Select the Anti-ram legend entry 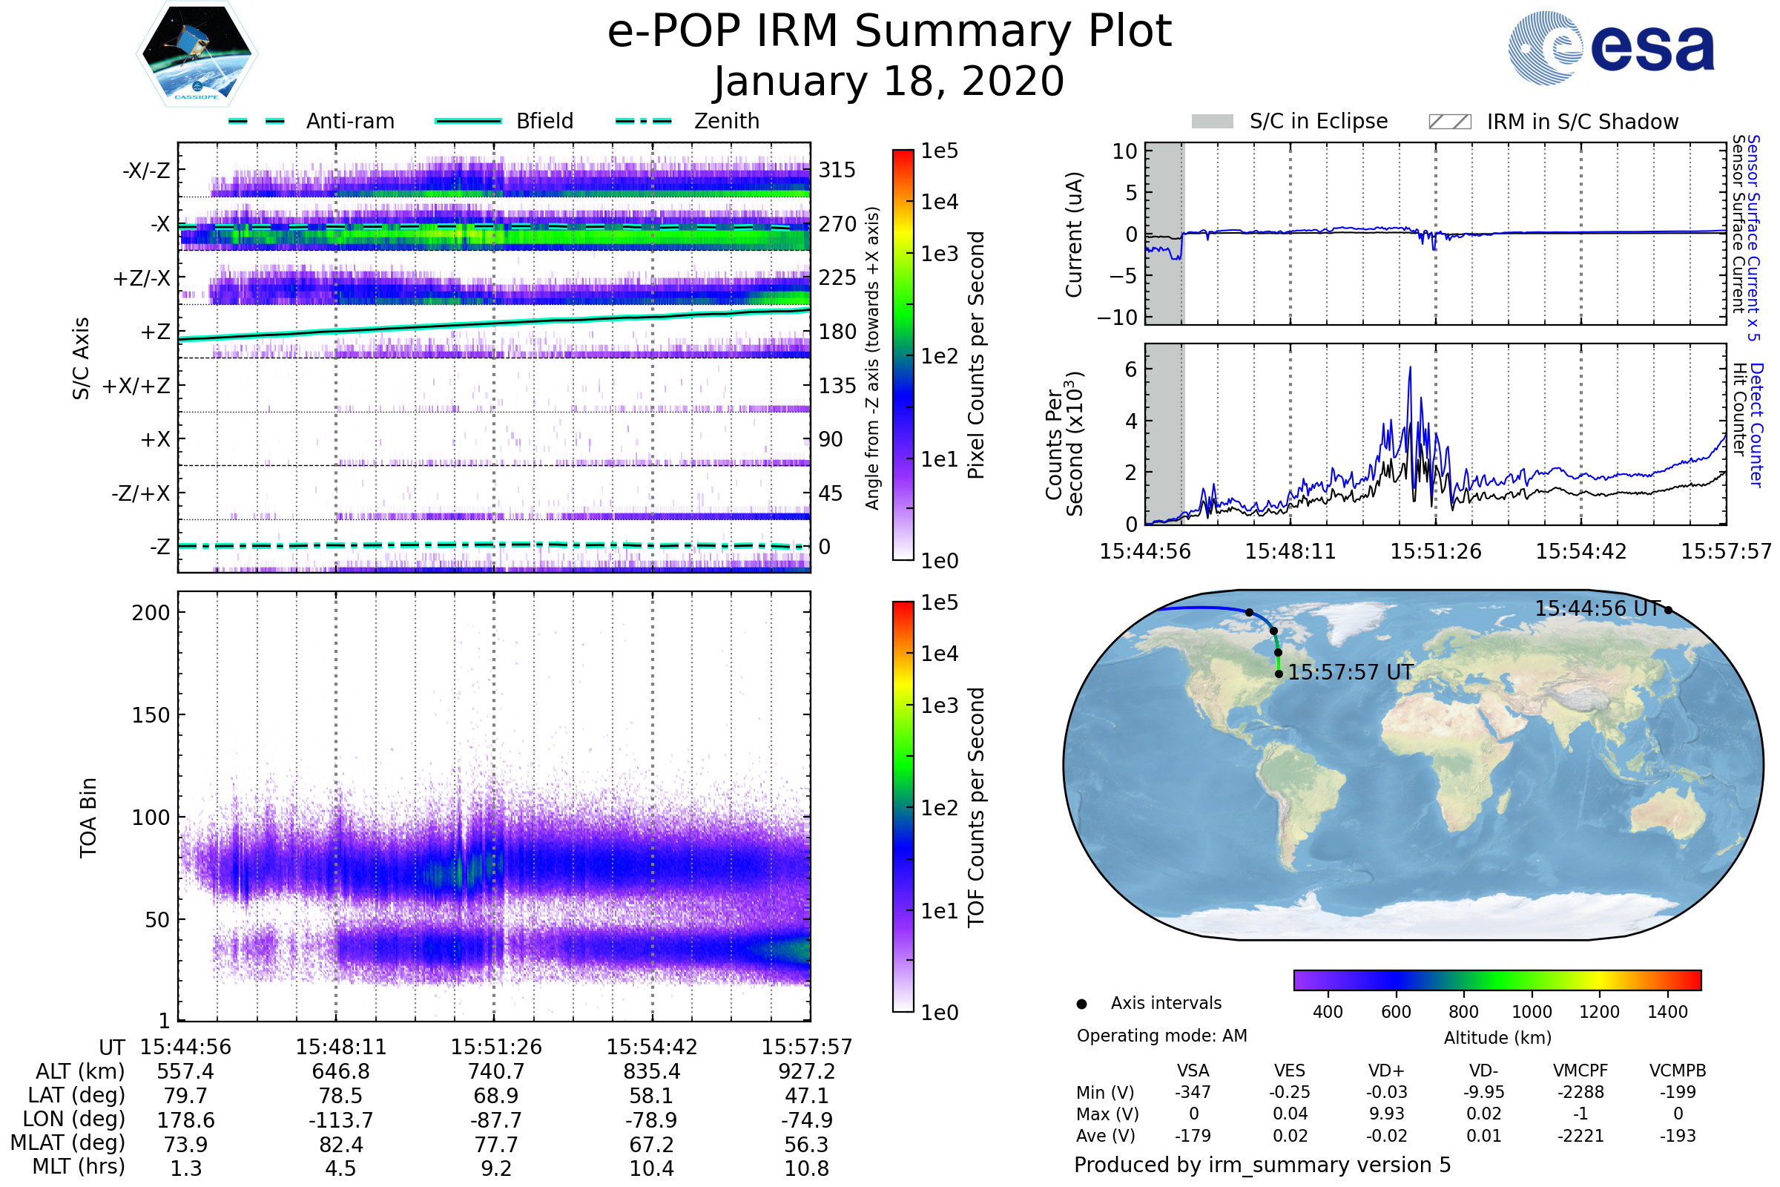349,121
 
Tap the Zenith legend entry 727,121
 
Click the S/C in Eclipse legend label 1319,121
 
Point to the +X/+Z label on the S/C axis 136,386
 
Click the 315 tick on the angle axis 837,170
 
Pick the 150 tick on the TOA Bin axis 151,715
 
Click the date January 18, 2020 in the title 889,82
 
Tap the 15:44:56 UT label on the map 1597,608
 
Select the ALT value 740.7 495,1072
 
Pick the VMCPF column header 1580,1071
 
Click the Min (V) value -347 1193,1092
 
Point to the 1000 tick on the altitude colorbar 1532,1012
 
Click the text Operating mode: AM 1161,1036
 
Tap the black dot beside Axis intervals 1082,1004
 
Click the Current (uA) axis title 1074,234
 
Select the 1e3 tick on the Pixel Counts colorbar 939,254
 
